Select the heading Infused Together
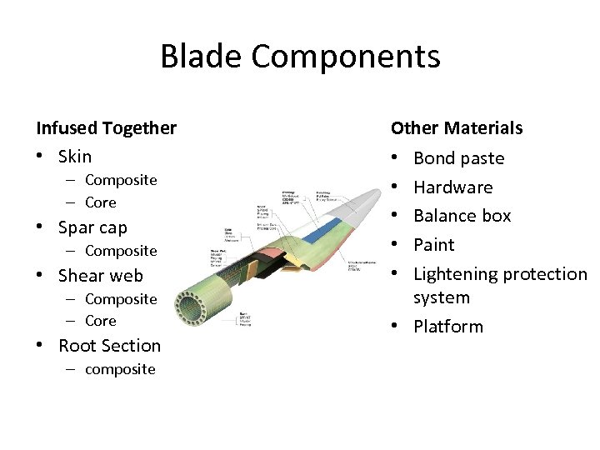coord(106,128)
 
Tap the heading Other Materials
coord(457,128)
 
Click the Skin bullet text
coord(75,157)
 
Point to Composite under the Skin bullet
coord(121,180)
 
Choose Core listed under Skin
coord(101,202)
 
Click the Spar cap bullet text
coord(92,227)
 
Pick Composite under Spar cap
coord(121,251)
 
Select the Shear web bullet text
coord(100,276)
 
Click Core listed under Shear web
coord(101,321)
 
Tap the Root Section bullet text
coord(109,346)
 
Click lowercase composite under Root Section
coord(120,369)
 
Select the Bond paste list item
coord(458,158)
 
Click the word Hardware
coord(452,187)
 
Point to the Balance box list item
coord(462,216)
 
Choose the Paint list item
coord(433,245)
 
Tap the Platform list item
coord(447,327)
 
